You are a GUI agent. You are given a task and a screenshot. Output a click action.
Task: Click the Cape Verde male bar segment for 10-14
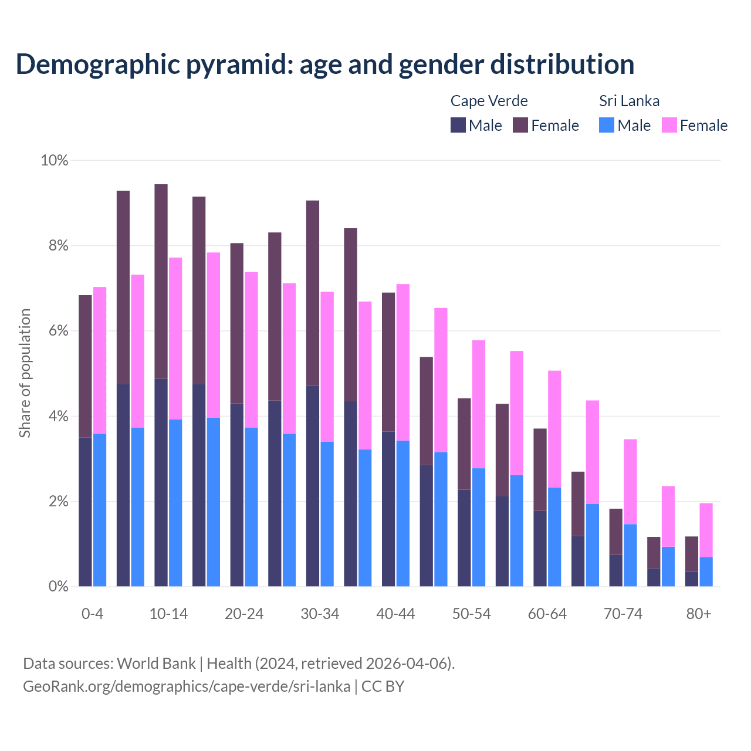click(x=161, y=482)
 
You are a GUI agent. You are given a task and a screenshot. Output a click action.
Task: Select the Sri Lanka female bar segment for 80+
click(x=706, y=530)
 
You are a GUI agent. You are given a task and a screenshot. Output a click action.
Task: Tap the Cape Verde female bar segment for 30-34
click(x=313, y=293)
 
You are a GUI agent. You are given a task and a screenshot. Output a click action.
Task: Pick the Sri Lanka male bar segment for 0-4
click(x=100, y=510)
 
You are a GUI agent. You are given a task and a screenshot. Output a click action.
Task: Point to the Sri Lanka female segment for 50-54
click(x=479, y=404)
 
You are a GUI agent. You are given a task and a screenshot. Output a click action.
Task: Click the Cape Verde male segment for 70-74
click(x=616, y=570)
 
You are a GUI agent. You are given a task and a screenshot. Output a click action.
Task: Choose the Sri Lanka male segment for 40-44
click(x=403, y=513)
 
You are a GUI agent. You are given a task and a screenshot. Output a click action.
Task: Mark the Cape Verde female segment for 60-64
click(x=540, y=469)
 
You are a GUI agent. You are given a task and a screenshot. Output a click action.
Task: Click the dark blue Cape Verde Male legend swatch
click(x=458, y=125)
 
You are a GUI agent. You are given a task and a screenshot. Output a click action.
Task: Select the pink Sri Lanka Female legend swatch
click(x=669, y=125)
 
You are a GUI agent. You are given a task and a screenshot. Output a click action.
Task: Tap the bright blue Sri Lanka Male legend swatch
click(x=607, y=125)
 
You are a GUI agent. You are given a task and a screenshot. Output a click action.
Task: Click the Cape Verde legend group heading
click(x=489, y=101)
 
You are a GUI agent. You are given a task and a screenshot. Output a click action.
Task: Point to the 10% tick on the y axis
click(x=54, y=160)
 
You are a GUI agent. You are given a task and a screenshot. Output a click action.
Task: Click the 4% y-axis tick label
click(x=57, y=417)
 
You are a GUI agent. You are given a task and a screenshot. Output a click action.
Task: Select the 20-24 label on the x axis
click(x=244, y=614)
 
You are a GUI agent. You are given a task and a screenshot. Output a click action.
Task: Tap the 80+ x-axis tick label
click(x=699, y=614)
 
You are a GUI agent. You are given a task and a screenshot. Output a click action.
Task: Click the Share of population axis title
click(x=25, y=373)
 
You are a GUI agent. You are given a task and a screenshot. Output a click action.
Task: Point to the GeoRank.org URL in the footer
click(x=186, y=686)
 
